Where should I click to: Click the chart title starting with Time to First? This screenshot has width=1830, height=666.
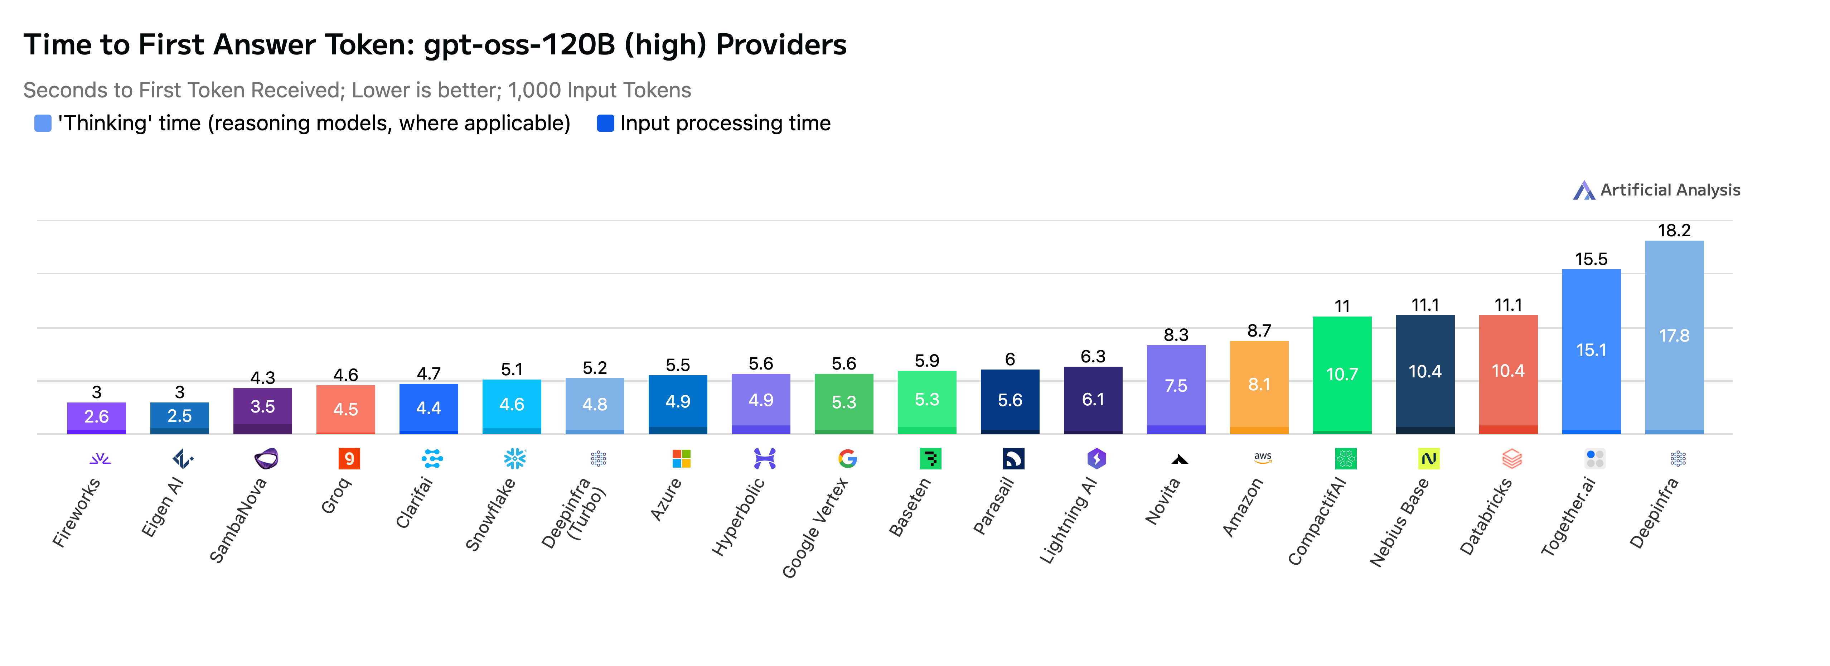click(x=435, y=45)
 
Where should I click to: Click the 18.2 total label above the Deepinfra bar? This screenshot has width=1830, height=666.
click(x=1674, y=230)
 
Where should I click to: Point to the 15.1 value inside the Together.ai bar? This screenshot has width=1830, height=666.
click(x=1591, y=350)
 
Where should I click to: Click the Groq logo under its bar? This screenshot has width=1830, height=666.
click(x=349, y=458)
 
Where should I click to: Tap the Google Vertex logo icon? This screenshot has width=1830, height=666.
click(x=847, y=458)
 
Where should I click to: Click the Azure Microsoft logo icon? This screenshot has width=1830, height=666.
click(x=681, y=458)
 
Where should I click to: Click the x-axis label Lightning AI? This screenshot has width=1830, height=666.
click(x=1068, y=521)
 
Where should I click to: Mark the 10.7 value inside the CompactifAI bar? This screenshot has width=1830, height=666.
click(x=1341, y=375)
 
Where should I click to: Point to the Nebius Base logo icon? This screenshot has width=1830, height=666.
click(x=1428, y=458)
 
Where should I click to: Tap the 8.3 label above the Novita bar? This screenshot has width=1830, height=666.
click(x=1176, y=335)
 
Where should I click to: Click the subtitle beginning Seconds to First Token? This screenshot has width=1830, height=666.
click(x=357, y=90)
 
